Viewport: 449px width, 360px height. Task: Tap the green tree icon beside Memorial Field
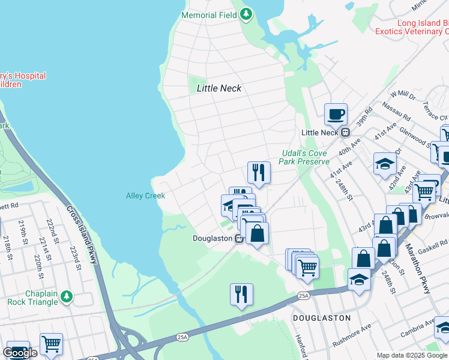(246, 14)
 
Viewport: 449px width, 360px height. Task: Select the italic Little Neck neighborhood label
(219, 88)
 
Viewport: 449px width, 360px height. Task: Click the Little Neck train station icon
(345, 132)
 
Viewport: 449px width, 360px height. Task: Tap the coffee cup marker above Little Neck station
(336, 114)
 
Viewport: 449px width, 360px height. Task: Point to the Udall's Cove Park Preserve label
(305, 157)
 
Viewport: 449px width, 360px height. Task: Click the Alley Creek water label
(145, 196)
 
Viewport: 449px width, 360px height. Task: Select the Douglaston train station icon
(239, 238)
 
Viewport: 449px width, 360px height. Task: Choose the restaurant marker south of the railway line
(241, 295)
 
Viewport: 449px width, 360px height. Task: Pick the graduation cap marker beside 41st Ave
(385, 164)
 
